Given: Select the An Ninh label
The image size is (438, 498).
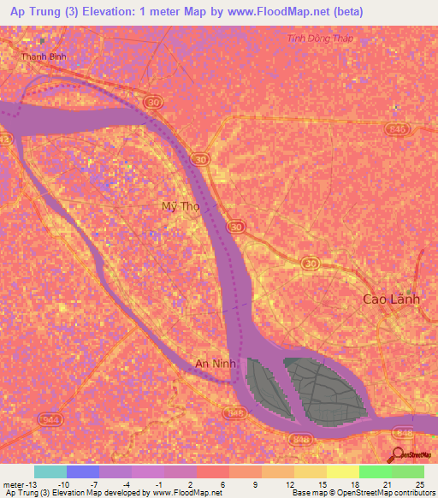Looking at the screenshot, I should [x=215, y=364].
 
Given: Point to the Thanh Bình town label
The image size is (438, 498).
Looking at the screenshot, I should [x=44, y=57].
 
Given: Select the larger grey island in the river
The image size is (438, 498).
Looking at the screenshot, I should [x=322, y=388].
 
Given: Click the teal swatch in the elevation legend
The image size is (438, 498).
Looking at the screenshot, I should [x=50, y=471].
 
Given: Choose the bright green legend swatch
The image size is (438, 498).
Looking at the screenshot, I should [x=376, y=471].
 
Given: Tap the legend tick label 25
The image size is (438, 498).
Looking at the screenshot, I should [x=419, y=484].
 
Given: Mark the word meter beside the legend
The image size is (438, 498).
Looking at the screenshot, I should [x=12, y=484].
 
